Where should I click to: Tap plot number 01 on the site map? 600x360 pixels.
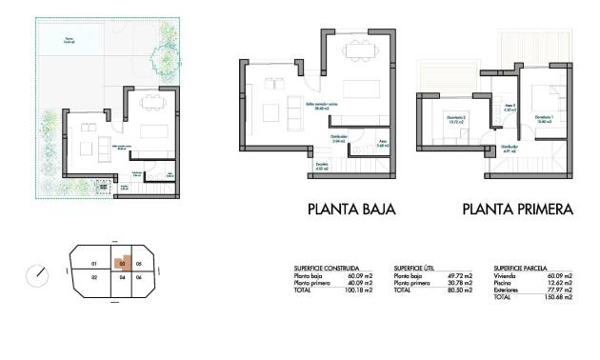[93, 263]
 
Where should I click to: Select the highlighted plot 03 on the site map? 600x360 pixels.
[122, 263]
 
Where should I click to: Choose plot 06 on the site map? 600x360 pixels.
[138, 277]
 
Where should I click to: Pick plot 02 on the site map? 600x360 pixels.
[93, 277]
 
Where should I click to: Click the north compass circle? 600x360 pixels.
[38, 274]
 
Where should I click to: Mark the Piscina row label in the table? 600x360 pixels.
[502, 282]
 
